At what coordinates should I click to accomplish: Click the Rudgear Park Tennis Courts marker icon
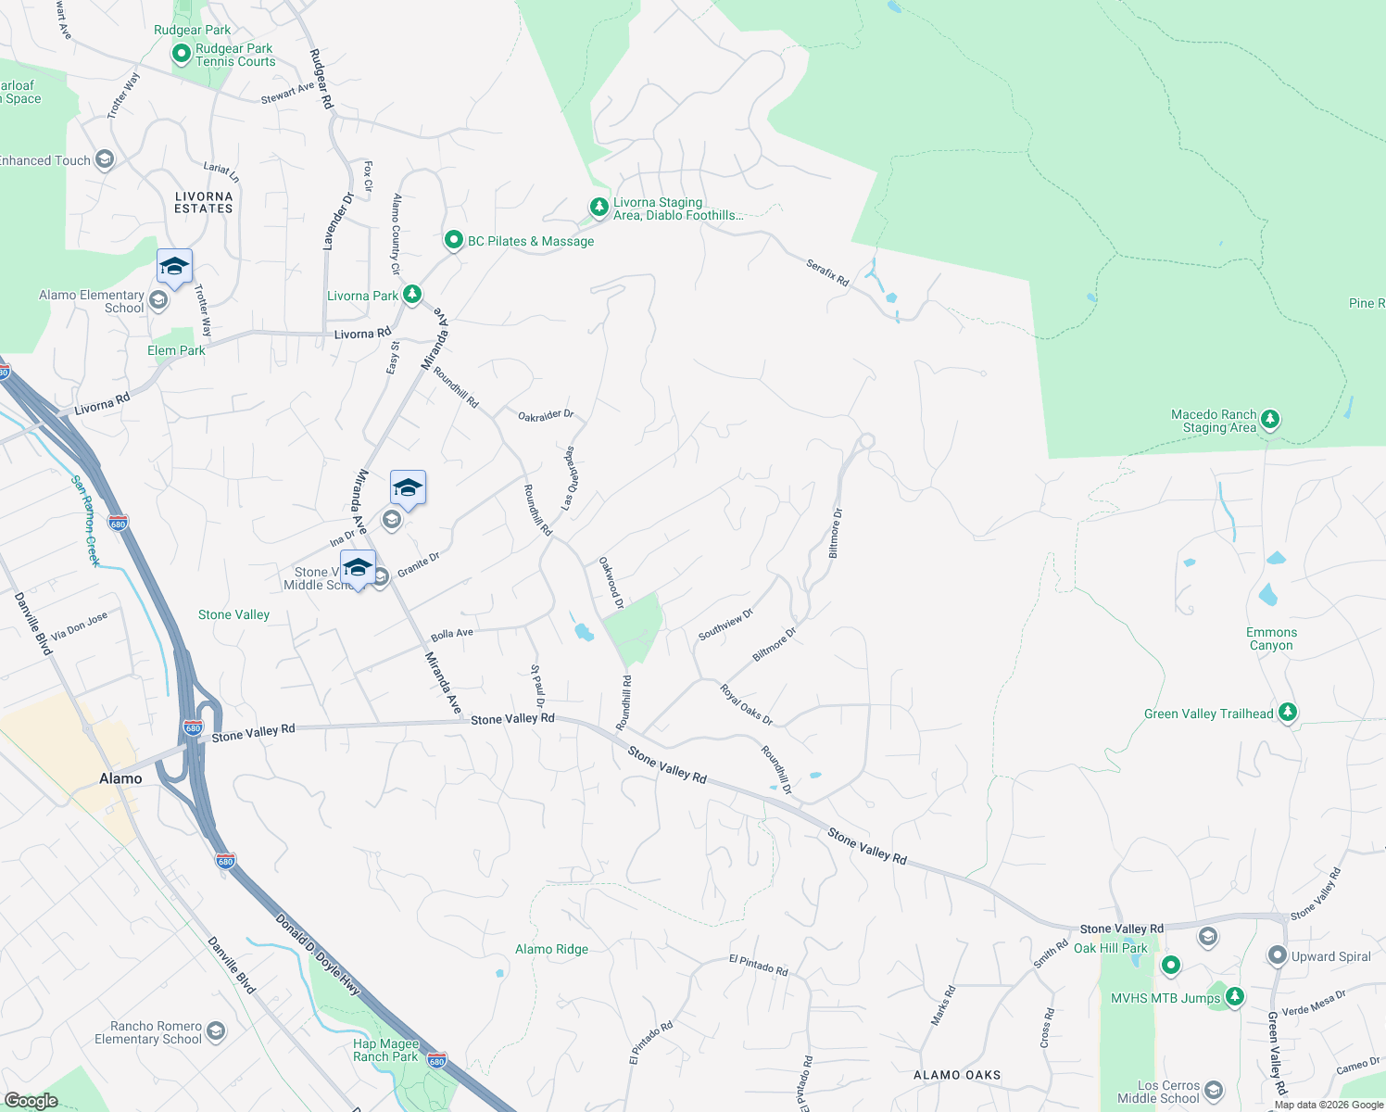click(x=182, y=55)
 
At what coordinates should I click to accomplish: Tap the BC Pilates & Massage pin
click(x=453, y=241)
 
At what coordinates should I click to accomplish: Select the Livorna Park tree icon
click(x=412, y=296)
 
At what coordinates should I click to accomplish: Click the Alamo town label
click(x=120, y=778)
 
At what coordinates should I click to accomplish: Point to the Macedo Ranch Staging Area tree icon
click(x=1270, y=420)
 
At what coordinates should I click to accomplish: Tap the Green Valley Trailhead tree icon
click(x=1287, y=713)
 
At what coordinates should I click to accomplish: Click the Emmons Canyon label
click(x=1271, y=638)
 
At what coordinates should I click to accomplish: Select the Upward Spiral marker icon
click(x=1278, y=955)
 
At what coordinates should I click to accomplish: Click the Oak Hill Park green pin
click(x=1171, y=965)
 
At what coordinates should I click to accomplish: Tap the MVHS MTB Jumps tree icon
click(x=1234, y=997)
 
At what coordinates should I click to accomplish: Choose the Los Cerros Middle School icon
click(x=1214, y=1091)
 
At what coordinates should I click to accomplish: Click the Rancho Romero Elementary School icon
click(x=216, y=1031)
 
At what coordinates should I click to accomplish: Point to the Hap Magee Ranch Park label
click(x=385, y=1050)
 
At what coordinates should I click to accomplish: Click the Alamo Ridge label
click(x=551, y=949)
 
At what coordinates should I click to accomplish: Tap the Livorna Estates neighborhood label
click(x=204, y=202)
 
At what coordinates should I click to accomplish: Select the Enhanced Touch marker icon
click(x=105, y=160)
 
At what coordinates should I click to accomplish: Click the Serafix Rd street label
click(x=827, y=272)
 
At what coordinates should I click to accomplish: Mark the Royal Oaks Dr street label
click(x=747, y=705)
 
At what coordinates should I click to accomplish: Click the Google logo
click(x=31, y=1100)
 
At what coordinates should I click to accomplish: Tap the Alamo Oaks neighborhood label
click(x=957, y=1075)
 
